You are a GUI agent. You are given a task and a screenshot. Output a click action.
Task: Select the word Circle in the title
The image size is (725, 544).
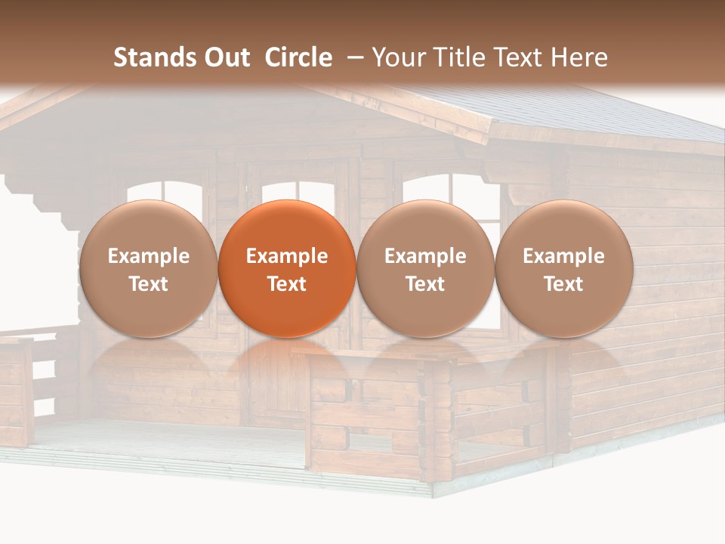[298, 57]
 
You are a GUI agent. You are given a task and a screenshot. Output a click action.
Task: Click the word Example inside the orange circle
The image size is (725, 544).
[287, 256]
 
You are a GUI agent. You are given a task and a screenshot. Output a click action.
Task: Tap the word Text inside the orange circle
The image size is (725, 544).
[287, 284]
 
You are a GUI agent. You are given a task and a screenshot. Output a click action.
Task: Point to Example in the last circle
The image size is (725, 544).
[564, 256]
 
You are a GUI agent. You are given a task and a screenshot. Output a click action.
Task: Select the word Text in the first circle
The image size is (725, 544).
[148, 284]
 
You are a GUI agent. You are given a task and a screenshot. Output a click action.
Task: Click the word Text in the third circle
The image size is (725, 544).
[425, 284]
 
